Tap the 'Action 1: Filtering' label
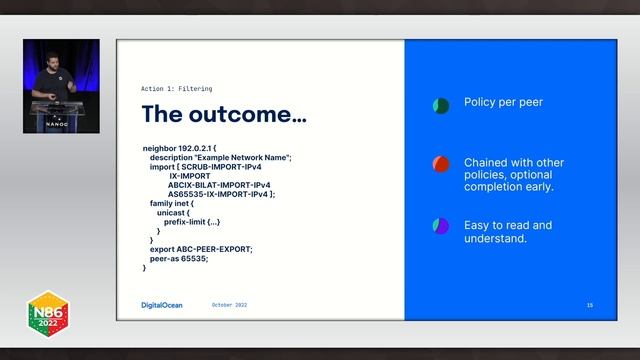click(176, 88)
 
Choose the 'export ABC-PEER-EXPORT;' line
click(201, 249)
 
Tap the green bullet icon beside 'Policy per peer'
click(440, 105)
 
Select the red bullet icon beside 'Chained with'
click(440, 164)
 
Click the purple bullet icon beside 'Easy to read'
click(440, 226)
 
